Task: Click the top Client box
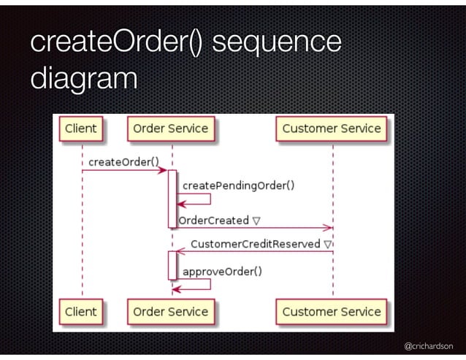(80, 129)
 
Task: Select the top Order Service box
(170, 129)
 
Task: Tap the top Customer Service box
(332, 129)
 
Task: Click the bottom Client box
(80, 311)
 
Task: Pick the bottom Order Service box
(170, 311)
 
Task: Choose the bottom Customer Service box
(332, 311)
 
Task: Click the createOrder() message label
(123, 161)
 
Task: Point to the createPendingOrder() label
(238, 185)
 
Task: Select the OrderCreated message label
(214, 221)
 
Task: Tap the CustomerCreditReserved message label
(256, 243)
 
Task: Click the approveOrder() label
(222, 272)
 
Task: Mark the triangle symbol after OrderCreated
(257, 221)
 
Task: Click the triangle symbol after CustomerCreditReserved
(328, 243)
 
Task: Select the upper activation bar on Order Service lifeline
(172, 198)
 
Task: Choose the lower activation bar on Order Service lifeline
(172, 264)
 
